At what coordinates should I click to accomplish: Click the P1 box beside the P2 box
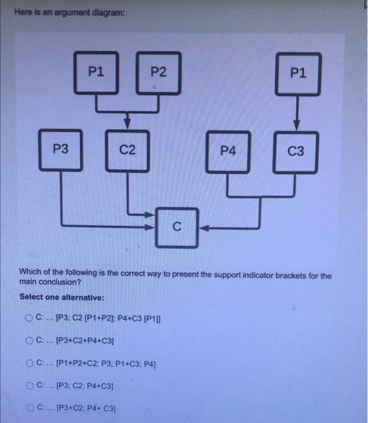[x=96, y=73]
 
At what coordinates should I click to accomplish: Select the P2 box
[x=158, y=74]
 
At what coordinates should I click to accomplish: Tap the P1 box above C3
[x=298, y=74]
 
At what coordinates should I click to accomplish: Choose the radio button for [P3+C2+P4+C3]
[x=29, y=342]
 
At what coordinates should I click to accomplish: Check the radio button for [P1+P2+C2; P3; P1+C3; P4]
[x=29, y=364]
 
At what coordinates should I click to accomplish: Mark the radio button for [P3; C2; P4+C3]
[x=29, y=386]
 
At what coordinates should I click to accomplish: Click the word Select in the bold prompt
[x=31, y=297]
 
